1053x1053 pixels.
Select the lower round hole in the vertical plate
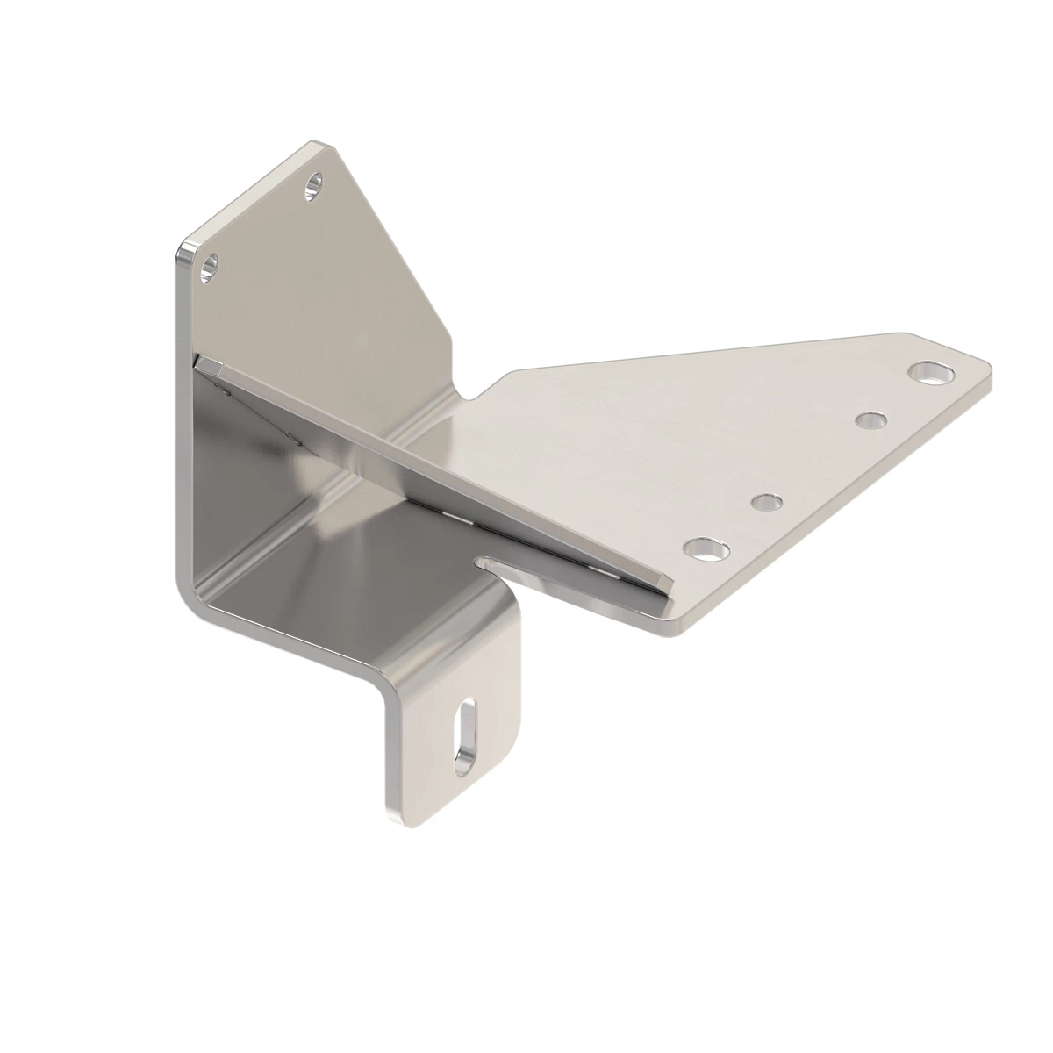coord(210,266)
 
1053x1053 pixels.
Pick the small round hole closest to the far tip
coord(870,421)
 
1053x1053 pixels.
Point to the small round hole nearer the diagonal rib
coord(767,504)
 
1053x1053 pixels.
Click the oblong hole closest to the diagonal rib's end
coord(707,550)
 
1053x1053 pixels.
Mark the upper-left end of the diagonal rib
coord(204,362)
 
